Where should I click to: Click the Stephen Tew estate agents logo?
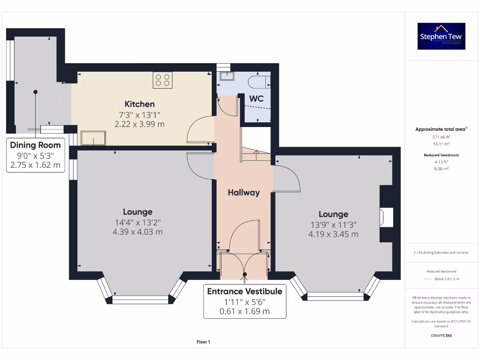pyautogui.click(x=441, y=36)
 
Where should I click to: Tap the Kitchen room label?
pyautogui.click(x=139, y=104)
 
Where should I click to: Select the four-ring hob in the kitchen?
pyautogui.click(x=162, y=80)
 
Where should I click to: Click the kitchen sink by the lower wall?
pyautogui.click(x=93, y=138)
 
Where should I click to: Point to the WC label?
pyautogui.click(x=256, y=98)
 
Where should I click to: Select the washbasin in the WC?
pyautogui.click(x=227, y=76)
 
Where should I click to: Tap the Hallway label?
pyautogui.click(x=243, y=192)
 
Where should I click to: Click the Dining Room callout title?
pyautogui.click(x=36, y=145)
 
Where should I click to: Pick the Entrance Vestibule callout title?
pyautogui.click(x=245, y=291)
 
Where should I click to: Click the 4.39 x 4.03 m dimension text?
pyautogui.click(x=138, y=232)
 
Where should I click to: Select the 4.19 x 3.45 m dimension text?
pyautogui.click(x=333, y=234)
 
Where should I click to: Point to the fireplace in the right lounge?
pyautogui.click(x=386, y=217)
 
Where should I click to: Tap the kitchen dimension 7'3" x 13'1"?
pyautogui.click(x=139, y=114)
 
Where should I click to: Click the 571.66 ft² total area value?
pyautogui.click(x=441, y=137)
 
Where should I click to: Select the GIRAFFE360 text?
pyautogui.click(x=441, y=336)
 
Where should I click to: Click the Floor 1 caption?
pyautogui.click(x=203, y=342)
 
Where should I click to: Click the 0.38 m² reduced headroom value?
pyautogui.click(x=441, y=168)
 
